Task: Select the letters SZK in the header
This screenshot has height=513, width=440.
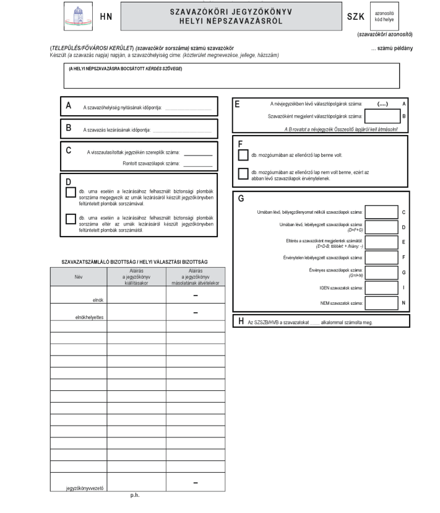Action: point(355,17)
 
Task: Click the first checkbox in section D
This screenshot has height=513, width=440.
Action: point(70,192)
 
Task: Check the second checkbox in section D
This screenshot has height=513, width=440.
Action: point(70,218)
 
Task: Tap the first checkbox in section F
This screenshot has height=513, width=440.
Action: point(242,154)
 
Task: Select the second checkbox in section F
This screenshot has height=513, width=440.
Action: point(242,174)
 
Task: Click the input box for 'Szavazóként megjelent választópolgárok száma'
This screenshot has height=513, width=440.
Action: point(382,115)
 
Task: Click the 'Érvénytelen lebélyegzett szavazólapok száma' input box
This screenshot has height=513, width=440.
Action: point(382,256)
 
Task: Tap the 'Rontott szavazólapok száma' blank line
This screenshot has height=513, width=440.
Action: point(197,164)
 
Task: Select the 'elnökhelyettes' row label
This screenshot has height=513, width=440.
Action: point(88,317)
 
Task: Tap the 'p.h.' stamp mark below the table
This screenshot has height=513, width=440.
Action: point(135,496)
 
